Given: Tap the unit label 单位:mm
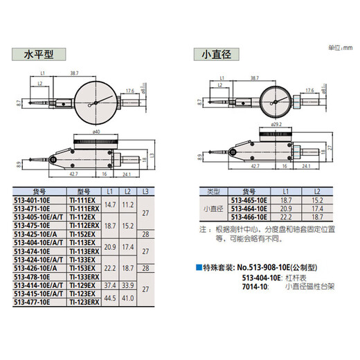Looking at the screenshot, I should pyautogui.click(x=336, y=46).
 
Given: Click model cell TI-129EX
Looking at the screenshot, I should pyautogui.click(x=82, y=285).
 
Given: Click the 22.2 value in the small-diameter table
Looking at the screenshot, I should pyautogui.click(x=285, y=215).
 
